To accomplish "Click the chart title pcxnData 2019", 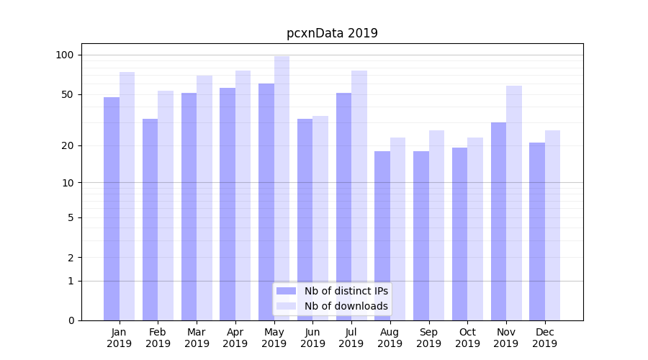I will tap(332, 33).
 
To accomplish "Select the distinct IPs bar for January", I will tap(112, 209).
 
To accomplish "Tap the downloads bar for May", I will tap(282, 188).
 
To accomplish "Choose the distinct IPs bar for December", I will tap(537, 231).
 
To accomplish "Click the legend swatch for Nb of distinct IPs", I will tap(286, 291).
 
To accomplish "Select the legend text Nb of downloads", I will tap(346, 306).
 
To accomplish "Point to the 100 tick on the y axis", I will tap(65, 55).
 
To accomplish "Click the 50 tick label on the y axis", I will tap(67, 94).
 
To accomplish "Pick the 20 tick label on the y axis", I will tap(67, 145).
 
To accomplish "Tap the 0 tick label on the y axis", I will tap(71, 320).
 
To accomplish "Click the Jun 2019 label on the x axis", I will tap(312, 338).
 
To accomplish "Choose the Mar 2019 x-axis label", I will tap(197, 338).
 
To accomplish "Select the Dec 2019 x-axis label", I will tap(544, 338).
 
